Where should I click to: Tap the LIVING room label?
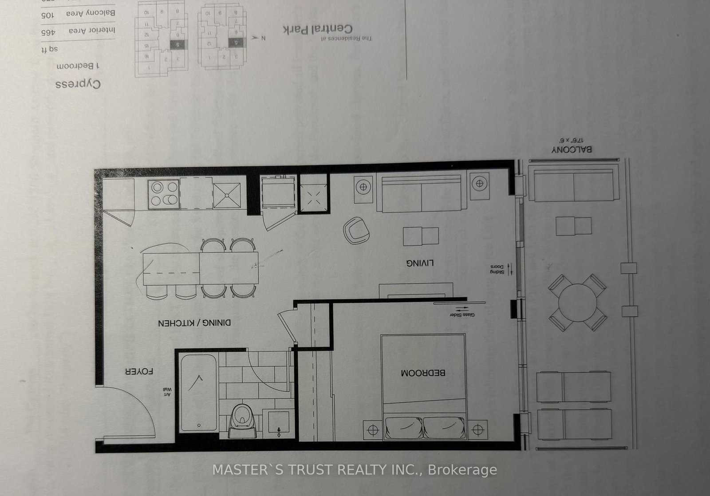click(420, 263)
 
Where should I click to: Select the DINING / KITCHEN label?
click(194, 323)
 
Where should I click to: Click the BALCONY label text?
click(572, 150)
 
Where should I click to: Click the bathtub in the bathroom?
click(198, 391)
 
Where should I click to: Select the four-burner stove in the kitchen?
click(164, 194)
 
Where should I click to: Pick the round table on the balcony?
click(578, 303)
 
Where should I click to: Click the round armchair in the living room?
click(356, 230)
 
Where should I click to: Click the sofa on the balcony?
click(574, 184)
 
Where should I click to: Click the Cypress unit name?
click(78, 84)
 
